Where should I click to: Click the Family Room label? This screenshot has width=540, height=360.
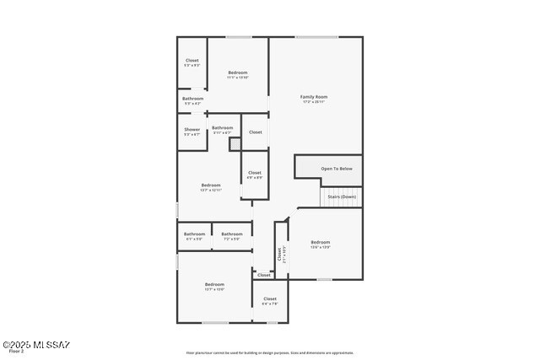314,97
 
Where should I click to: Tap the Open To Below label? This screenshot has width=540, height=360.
337,169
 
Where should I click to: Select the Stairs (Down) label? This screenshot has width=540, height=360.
342,196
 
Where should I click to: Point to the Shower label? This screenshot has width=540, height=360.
192,130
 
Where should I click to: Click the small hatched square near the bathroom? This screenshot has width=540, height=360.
235,144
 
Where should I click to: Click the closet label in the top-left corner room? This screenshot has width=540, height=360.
192,61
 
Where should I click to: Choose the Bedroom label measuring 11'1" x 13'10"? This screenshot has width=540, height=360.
238,73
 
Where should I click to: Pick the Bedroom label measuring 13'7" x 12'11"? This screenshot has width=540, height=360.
211,185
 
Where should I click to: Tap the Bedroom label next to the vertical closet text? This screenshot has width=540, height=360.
321,242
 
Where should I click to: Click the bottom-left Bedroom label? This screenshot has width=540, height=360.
214,285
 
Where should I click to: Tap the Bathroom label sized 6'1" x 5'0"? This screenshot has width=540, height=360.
195,234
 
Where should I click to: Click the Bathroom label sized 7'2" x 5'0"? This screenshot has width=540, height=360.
232,234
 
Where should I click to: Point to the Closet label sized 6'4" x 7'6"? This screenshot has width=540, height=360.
270,299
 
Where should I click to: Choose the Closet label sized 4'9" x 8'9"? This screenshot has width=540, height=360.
254,173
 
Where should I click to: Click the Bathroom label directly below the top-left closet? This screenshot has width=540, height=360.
192,99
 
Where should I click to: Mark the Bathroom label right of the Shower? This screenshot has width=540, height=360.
223,128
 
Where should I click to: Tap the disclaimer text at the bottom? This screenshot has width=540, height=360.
270,353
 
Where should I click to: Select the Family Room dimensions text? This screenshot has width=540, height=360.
314,102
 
